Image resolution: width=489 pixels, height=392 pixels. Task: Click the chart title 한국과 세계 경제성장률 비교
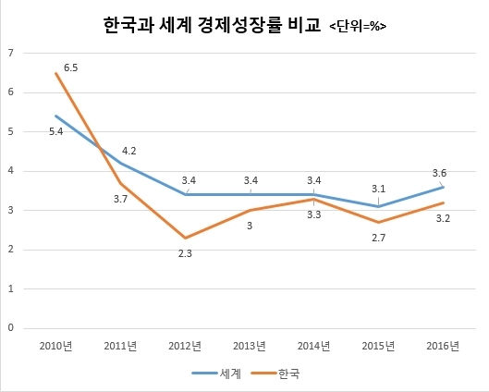pyautogui.click(x=212, y=25)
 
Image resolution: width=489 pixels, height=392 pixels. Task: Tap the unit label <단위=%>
pyautogui.click(x=358, y=27)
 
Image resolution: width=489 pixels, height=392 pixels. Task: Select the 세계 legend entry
pyautogui.click(x=216, y=374)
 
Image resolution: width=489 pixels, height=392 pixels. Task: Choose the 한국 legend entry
pyautogui.click(x=275, y=374)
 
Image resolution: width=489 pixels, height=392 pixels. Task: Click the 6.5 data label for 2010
pyautogui.click(x=71, y=67)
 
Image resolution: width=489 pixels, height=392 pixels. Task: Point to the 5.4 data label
pyautogui.click(x=56, y=131)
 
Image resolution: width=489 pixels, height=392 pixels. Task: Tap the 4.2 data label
pyautogui.click(x=129, y=152)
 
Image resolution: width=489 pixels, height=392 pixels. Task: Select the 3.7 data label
pyautogui.click(x=120, y=199)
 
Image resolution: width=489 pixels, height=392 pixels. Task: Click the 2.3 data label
pyautogui.click(x=185, y=254)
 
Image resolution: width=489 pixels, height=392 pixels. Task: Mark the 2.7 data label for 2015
pyautogui.click(x=379, y=238)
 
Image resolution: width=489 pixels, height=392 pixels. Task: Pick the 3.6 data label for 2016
pyautogui.click(x=439, y=173)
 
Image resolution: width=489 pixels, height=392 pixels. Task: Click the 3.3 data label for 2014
pyautogui.click(x=314, y=214)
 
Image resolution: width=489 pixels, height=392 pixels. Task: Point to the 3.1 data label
pyautogui.click(x=379, y=189)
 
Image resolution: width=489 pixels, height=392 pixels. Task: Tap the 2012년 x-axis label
pyautogui.click(x=185, y=346)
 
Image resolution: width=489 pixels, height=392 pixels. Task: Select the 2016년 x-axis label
pyautogui.click(x=443, y=346)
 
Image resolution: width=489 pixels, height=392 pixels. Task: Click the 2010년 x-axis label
pyautogui.click(x=56, y=346)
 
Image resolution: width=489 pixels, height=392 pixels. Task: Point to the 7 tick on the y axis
pyautogui.click(x=11, y=53)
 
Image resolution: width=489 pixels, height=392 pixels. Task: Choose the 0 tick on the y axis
pyautogui.click(x=11, y=328)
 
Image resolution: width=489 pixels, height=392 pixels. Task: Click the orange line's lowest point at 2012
pyautogui.click(x=185, y=238)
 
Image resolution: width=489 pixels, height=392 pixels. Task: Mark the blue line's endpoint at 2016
pyautogui.click(x=443, y=187)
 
